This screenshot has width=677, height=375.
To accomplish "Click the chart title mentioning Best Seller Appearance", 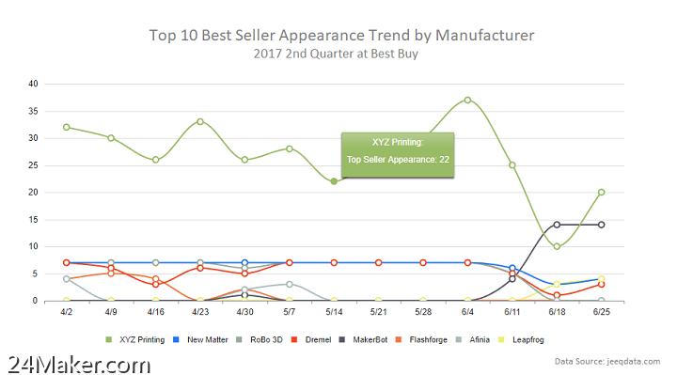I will click(342, 35).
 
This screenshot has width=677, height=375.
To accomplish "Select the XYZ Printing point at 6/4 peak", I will click(467, 100).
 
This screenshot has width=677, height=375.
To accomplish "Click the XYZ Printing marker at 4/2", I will click(66, 127).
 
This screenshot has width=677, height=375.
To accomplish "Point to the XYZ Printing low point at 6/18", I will click(557, 246).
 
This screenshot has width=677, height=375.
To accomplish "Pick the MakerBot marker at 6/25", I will click(602, 225).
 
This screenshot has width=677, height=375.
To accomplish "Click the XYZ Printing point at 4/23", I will click(200, 121).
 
